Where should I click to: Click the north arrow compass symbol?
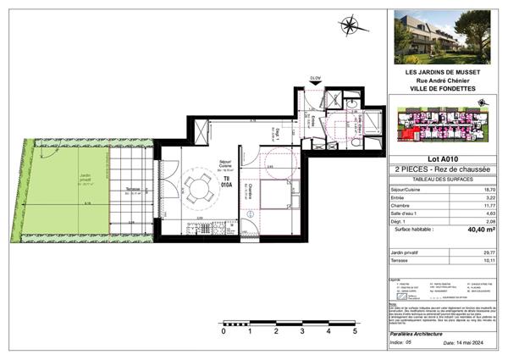pyautogui.click(x=348, y=26)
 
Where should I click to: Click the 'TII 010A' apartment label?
pyautogui.click(x=226, y=179)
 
